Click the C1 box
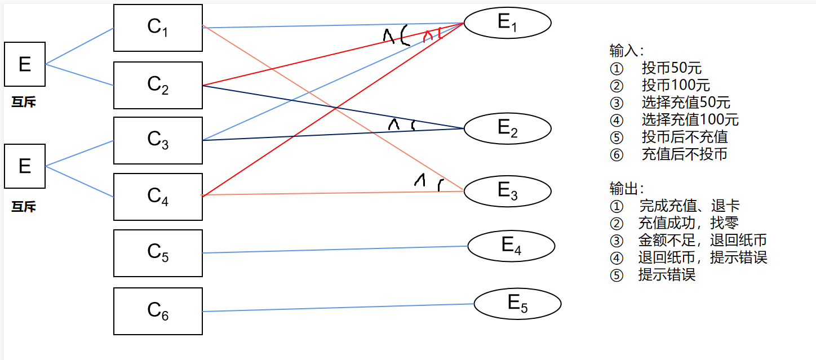tap(158, 28)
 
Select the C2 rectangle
tap(158, 85)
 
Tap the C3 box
tap(158, 140)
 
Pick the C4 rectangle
tap(158, 197)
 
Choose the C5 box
tap(158, 253)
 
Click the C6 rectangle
tap(158, 311)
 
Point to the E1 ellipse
tap(507, 23)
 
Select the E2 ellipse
tap(507, 128)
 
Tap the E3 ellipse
tap(507, 191)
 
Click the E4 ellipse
tap(511, 246)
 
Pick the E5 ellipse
tap(517, 304)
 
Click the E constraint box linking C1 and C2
tap(25, 64)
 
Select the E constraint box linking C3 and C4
tap(25, 166)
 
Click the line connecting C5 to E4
tap(335, 250)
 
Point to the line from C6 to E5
tap(338, 308)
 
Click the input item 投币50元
tap(671, 69)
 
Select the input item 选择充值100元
tap(690, 119)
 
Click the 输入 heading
tap(625, 51)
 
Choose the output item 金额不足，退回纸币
tap(702, 241)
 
